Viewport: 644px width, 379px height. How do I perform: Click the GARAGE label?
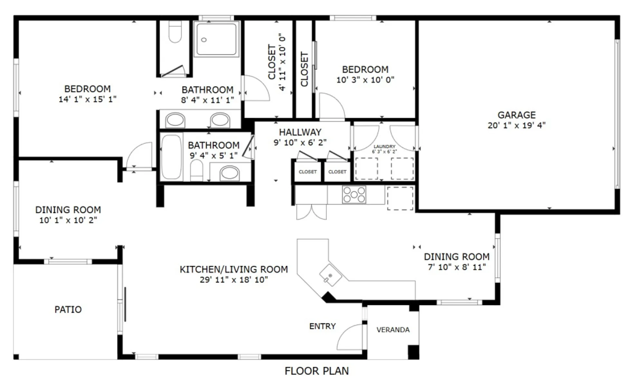[x=516, y=115]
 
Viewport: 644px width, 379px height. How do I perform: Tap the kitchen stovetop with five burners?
[x=354, y=194]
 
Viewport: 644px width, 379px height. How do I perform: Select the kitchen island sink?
[x=330, y=275]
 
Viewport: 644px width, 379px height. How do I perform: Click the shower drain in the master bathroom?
[x=204, y=40]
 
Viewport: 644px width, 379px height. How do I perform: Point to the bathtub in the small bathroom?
[x=171, y=157]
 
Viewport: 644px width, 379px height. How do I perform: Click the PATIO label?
[x=68, y=310]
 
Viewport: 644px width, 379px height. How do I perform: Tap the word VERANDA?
[x=393, y=330]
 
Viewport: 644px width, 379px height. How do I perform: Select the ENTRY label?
[x=322, y=326]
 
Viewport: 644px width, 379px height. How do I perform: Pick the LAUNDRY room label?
[x=384, y=146]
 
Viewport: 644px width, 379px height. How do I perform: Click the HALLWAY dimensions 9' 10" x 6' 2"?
[x=300, y=143]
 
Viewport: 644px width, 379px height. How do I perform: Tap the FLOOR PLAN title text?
[x=317, y=371]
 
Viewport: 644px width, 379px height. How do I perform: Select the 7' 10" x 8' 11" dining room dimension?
[x=457, y=267]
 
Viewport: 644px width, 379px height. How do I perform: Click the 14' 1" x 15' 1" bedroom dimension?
[x=87, y=99]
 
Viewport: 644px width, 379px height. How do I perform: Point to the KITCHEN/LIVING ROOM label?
[x=234, y=269]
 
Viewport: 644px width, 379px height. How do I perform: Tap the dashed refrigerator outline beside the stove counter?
[x=400, y=199]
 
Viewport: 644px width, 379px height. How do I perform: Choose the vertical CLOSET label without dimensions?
[x=304, y=69]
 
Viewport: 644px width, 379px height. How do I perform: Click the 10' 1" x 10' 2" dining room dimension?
[x=68, y=220]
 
